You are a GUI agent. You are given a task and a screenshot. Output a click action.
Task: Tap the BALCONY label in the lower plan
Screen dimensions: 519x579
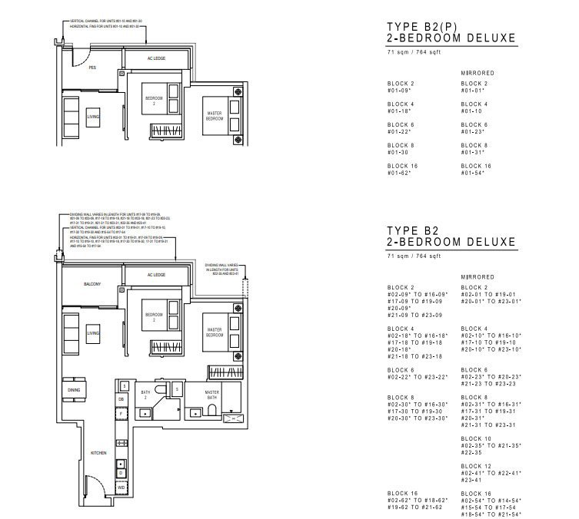coord(92,284)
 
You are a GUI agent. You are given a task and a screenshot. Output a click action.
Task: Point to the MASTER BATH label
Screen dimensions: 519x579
coord(211,395)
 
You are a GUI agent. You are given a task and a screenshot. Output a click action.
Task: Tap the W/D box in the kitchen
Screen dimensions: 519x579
coord(121,487)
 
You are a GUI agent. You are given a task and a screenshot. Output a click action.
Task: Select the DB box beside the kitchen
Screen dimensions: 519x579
coord(121,399)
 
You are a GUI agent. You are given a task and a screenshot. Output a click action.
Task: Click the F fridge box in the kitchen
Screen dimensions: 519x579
coord(121,413)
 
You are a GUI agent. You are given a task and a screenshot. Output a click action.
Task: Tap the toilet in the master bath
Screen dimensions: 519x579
coord(211,412)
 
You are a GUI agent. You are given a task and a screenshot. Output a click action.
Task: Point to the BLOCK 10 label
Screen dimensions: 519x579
coord(474,438)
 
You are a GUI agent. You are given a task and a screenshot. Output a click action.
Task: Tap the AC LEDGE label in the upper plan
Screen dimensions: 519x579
coord(156,58)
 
